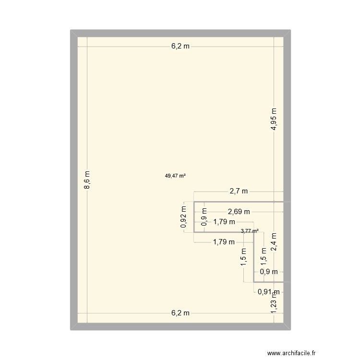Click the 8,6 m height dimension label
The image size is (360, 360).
[x=87, y=181]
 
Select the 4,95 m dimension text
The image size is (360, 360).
[x=273, y=119]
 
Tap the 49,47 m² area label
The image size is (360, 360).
[x=175, y=176]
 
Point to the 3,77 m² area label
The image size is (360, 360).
[x=250, y=231]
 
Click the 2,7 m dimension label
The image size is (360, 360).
[x=239, y=191]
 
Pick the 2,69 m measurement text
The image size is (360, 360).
[x=239, y=211]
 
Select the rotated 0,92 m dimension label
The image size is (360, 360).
[x=183, y=217]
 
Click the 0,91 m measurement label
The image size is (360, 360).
[x=268, y=291]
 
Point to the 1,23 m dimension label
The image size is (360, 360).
[x=274, y=304]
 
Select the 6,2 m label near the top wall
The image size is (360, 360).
[x=180, y=47]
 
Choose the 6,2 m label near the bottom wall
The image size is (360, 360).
[x=180, y=313]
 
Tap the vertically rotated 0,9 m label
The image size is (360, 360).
[x=204, y=217]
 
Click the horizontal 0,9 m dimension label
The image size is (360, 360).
[x=269, y=272]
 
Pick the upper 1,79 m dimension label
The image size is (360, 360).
[x=224, y=222]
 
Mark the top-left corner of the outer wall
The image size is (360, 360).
[x=71, y=30]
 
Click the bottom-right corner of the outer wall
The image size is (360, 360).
[x=290, y=330]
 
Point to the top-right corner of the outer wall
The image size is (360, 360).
[x=290, y=30]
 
